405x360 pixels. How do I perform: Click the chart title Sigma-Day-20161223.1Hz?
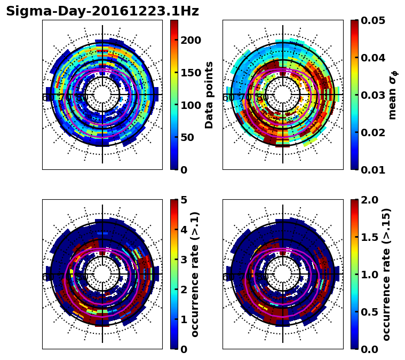[x=102, y=11]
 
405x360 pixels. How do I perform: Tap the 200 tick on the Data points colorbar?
[x=190, y=41]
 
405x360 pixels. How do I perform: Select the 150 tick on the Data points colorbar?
[x=190, y=73]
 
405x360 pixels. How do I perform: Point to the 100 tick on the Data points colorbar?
[x=190, y=105]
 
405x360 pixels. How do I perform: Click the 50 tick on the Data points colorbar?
[x=190, y=137]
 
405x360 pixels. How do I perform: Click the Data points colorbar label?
[x=209, y=95]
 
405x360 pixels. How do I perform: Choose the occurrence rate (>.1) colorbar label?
[x=195, y=275]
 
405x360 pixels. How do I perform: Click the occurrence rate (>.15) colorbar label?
[x=386, y=275]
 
